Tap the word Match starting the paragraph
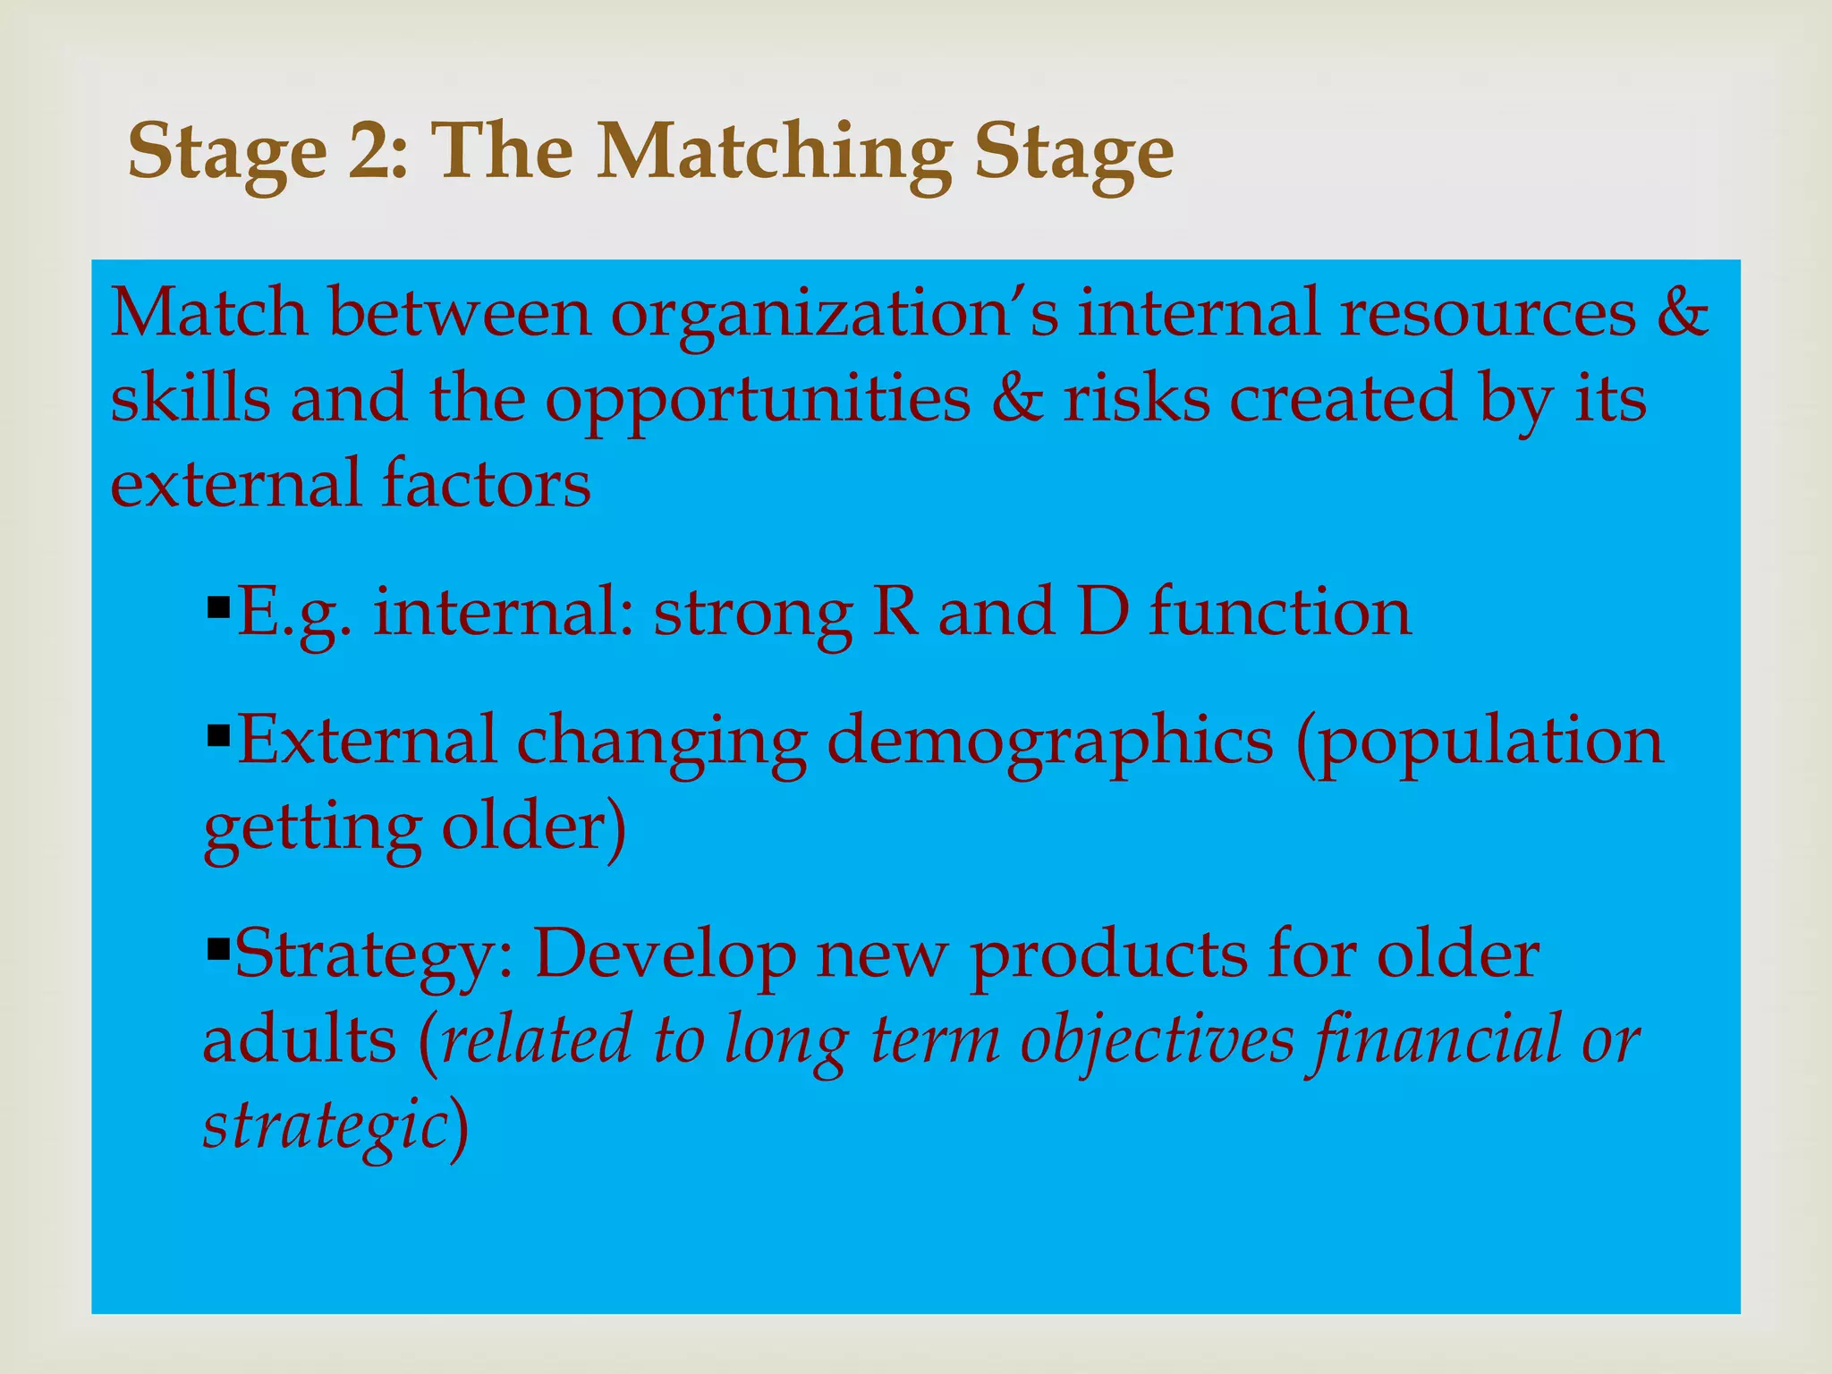pos(208,312)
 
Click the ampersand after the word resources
pos(1682,312)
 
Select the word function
pos(1280,613)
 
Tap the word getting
pos(312,828)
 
